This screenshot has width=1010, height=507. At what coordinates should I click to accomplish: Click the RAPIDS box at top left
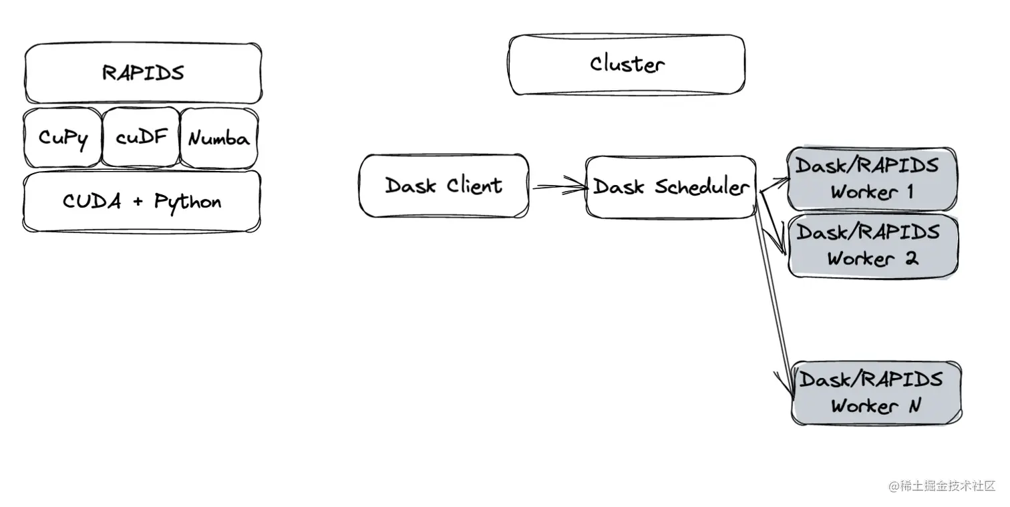click(x=142, y=73)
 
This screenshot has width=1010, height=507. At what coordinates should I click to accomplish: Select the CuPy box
click(x=63, y=138)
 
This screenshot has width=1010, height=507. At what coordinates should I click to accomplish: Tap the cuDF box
click(x=141, y=138)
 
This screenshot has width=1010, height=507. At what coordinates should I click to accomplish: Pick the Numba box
click(x=219, y=138)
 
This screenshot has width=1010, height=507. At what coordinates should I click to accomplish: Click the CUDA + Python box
click(x=142, y=201)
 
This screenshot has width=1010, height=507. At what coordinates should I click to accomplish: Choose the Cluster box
click(x=627, y=65)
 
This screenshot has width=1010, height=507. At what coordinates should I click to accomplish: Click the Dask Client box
click(x=444, y=186)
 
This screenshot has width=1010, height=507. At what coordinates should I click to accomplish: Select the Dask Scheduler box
click(x=671, y=187)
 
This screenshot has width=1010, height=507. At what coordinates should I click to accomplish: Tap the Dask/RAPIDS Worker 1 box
click(x=872, y=179)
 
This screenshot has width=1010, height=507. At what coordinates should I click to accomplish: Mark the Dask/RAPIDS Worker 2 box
click(x=873, y=245)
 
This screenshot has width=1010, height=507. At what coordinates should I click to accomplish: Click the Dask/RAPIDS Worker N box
click(x=876, y=393)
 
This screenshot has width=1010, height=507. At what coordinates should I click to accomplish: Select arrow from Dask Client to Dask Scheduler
click(x=558, y=188)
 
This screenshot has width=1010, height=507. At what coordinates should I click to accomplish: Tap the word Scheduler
click(x=701, y=187)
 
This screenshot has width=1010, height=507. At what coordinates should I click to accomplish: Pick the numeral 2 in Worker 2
click(x=911, y=259)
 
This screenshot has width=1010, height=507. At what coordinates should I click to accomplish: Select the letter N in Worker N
click(x=914, y=405)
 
